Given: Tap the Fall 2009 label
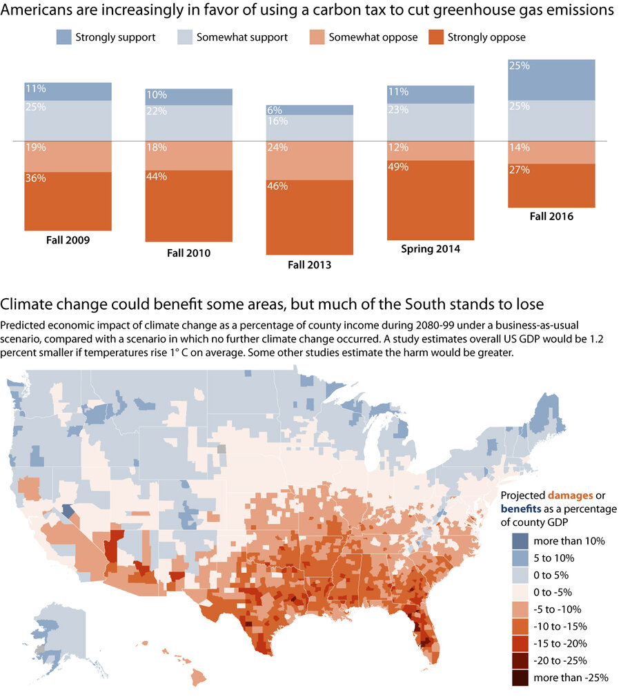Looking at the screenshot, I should pyautogui.click(x=68, y=240).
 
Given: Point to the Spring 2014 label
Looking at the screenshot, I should pyautogui.click(x=430, y=248).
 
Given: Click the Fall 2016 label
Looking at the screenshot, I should pyautogui.click(x=551, y=216).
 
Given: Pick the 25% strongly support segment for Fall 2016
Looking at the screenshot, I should pyautogui.click(x=551, y=80).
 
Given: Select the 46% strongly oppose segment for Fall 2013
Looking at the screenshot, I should pyautogui.click(x=310, y=217).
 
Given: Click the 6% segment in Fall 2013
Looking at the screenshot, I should pyautogui.click(x=310, y=110).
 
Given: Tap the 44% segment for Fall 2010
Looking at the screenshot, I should pyautogui.click(x=188, y=207).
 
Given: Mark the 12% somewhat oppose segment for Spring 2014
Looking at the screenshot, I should pyautogui.click(x=430, y=150).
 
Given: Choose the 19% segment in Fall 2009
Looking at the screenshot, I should pyautogui.click(x=68, y=157).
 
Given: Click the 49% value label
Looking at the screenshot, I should pyautogui.click(x=398, y=167).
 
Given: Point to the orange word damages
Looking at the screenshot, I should pyautogui.click(x=567, y=495).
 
